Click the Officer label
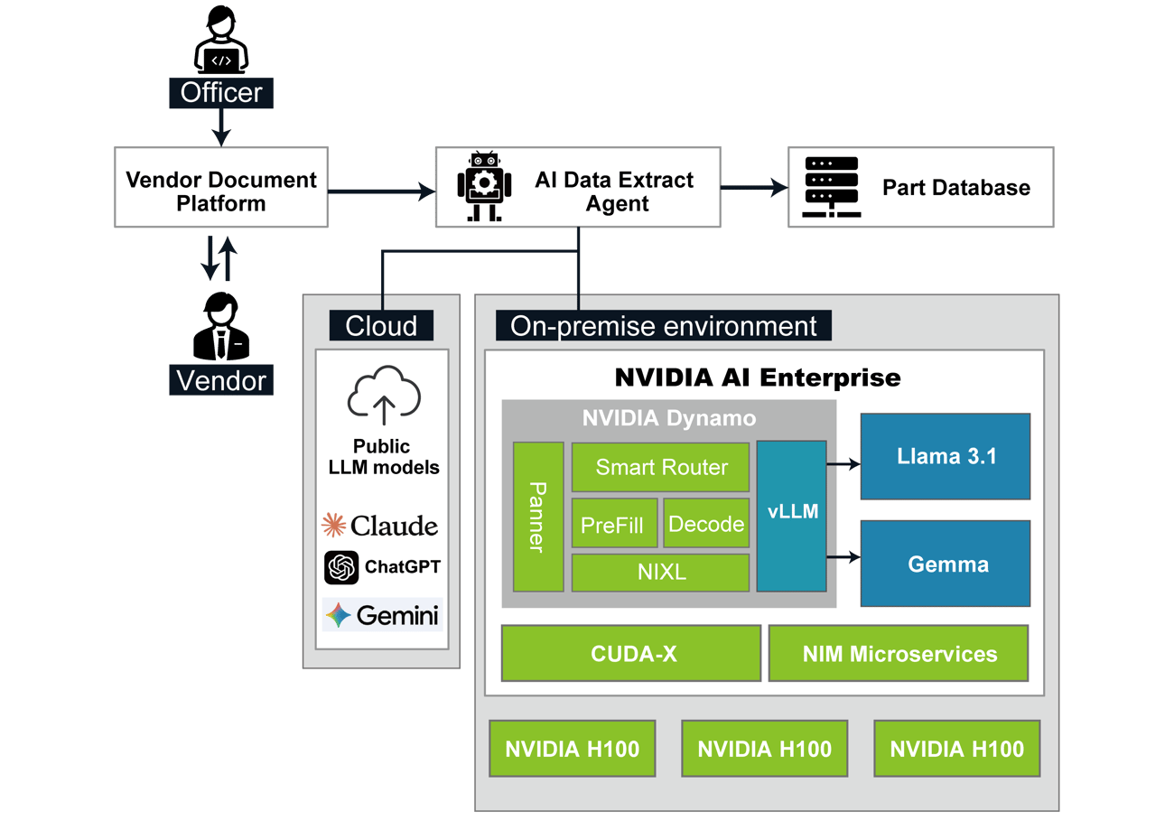pos(221,92)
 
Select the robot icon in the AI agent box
pos(485,186)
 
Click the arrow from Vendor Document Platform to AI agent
pos(380,191)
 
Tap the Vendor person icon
pos(220,326)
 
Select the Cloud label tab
pos(381,325)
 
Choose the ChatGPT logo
pos(342,567)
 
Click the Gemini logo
pos(339,616)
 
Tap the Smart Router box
pos(660,467)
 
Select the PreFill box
pos(614,524)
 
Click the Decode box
pos(706,524)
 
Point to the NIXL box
pos(660,573)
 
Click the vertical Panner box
pos(538,517)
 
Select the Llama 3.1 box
pos(945,456)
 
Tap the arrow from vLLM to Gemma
pos(843,557)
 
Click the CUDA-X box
pos(631,654)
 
